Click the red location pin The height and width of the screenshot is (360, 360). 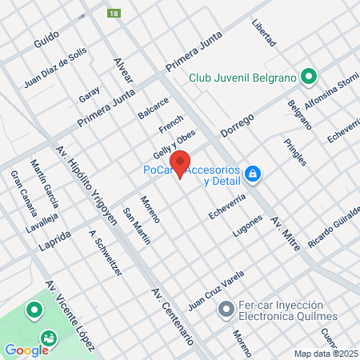(x=181, y=162)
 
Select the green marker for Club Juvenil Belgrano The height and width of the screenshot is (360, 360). (x=309, y=78)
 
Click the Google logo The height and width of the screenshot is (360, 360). (x=26, y=350)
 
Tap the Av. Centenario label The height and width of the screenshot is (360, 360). (x=171, y=315)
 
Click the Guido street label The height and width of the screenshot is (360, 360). (x=47, y=42)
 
